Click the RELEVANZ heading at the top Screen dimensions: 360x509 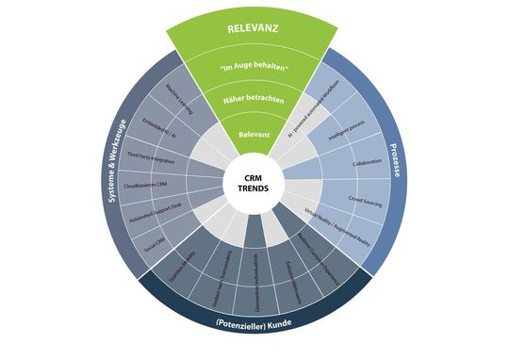[x=252, y=28]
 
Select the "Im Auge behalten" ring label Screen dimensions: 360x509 [x=252, y=67]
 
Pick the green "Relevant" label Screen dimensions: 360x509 [x=252, y=135]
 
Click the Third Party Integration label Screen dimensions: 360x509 [x=151, y=155]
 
